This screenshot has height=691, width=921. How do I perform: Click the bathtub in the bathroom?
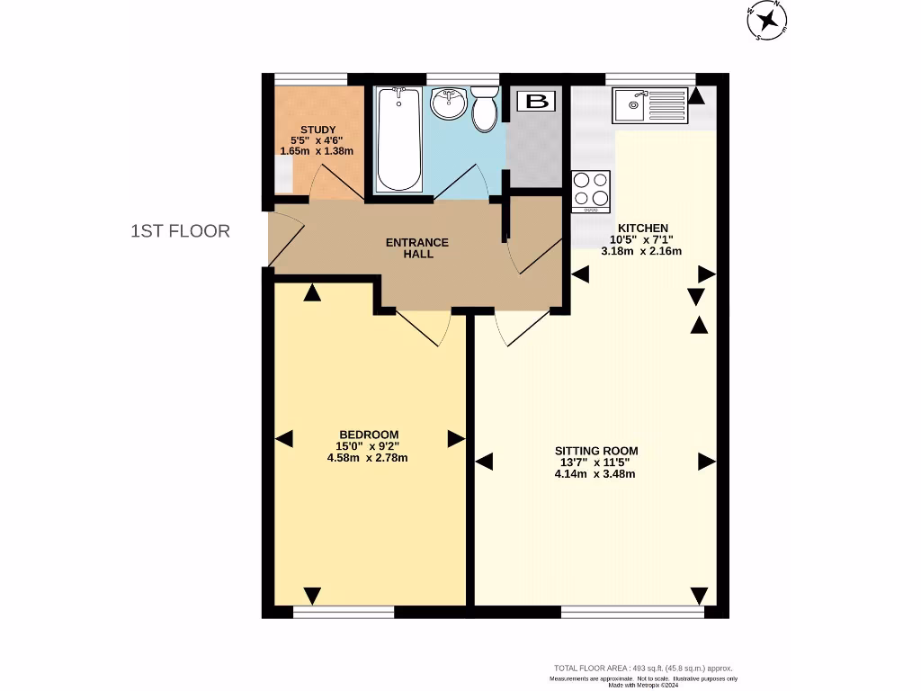pyautogui.click(x=398, y=139)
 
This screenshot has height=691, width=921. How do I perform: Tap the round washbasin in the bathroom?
pyautogui.click(x=447, y=104)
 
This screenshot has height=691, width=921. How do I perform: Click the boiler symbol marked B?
pyautogui.click(x=536, y=101)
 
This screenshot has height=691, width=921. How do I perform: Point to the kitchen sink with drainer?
pyautogui.click(x=649, y=106)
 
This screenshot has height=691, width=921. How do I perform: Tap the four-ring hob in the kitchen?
pyautogui.click(x=591, y=191)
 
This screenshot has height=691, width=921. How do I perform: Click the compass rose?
pyautogui.click(x=767, y=21)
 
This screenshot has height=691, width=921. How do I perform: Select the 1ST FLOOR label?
pyautogui.click(x=180, y=231)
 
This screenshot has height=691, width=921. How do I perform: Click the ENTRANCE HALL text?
pyautogui.click(x=416, y=248)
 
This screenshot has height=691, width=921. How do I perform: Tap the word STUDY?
pyautogui.click(x=317, y=130)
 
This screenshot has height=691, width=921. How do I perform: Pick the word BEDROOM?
pyautogui.click(x=368, y=435)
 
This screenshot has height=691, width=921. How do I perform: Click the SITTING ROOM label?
pyautogui.click(x=595, y=451)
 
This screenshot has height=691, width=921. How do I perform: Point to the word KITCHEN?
pyautogui.click(x=641, y=228)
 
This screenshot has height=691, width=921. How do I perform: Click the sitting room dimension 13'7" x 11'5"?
pyautogui.click(x=595, y=462)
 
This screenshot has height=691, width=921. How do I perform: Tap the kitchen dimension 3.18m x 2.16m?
pyautogui.click(x=641, y=251)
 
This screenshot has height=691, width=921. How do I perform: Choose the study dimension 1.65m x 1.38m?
pyautogui.click(x=317, y=151)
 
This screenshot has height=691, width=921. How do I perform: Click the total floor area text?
pyautogui.click(x=643, y=669)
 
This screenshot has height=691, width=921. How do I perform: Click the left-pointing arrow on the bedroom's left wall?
pyautogui.click(x=284, y=439)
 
